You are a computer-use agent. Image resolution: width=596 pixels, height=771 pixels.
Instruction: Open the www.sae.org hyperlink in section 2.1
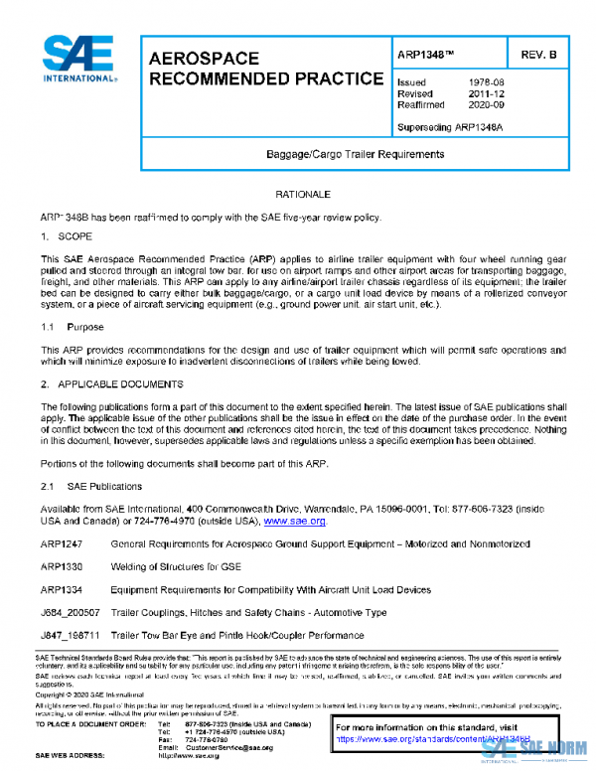294,520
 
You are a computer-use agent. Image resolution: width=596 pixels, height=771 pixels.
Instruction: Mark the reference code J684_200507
70,612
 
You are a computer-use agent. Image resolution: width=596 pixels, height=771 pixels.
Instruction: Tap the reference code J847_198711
70,635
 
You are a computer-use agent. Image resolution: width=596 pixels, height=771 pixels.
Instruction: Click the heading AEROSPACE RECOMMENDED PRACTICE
265,68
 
